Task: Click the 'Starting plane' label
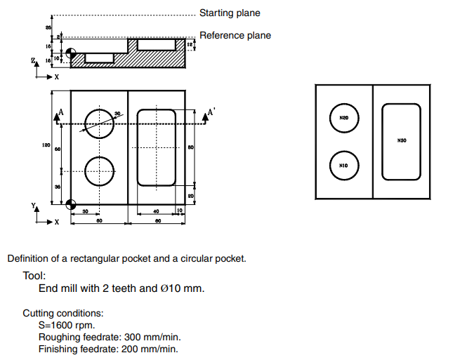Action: click(x=229, y=13)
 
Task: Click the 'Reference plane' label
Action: click(x=235, y=35)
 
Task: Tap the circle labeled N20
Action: click(x=343, y=118)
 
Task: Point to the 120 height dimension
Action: click(x=45, y=145)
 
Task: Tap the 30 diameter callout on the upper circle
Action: click(x=117, y=113)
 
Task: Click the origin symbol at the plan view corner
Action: click(x=70, y=205)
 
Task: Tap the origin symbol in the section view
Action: click(x=70, y=53)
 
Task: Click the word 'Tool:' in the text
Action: click(x=34, y=276)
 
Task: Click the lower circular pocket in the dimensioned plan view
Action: click(x=99, y=171)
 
